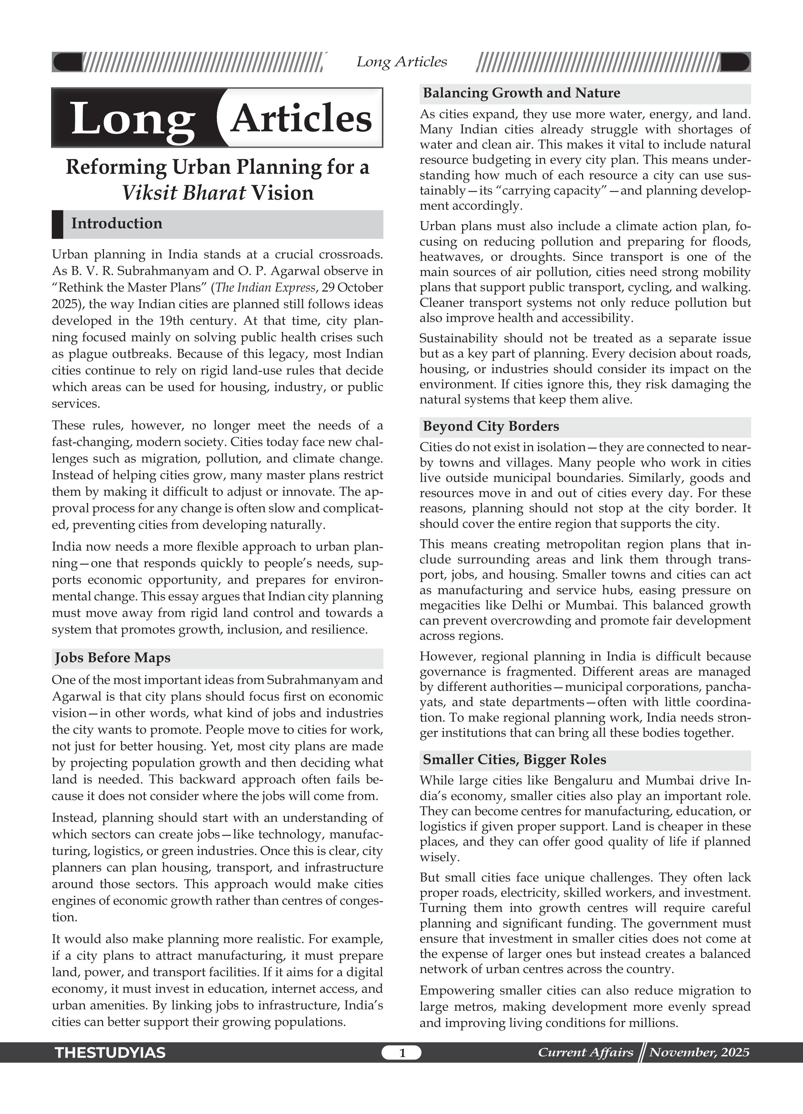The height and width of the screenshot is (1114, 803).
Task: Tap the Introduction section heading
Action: [x=116, y=223]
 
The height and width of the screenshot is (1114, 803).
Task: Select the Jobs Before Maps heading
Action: [x=113, y=658]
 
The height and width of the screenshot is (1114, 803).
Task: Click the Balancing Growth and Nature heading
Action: [x=521, y=93]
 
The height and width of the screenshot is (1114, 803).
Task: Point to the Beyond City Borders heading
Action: [x=491, y=426]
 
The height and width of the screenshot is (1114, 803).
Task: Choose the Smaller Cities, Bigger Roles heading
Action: [x=514, y=759]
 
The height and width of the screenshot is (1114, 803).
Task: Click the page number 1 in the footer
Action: [x=401, y=1052]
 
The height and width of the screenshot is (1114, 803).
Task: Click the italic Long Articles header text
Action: [x=401, y=62]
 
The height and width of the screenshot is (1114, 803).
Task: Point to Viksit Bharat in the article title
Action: [x=184, y=192]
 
